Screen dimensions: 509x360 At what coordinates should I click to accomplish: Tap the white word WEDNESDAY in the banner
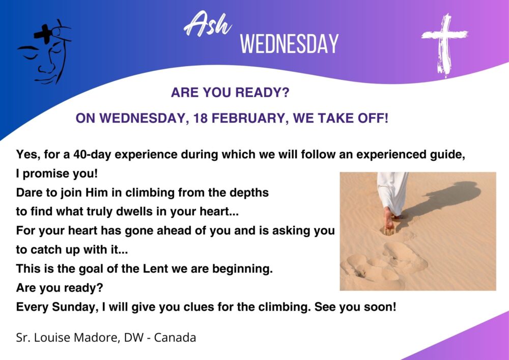[289, 44]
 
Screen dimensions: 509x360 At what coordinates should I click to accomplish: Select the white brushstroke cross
[445, 45]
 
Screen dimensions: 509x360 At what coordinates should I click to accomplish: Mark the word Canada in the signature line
[175, 338]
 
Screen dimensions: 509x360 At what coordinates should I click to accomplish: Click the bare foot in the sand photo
[388, 221]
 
